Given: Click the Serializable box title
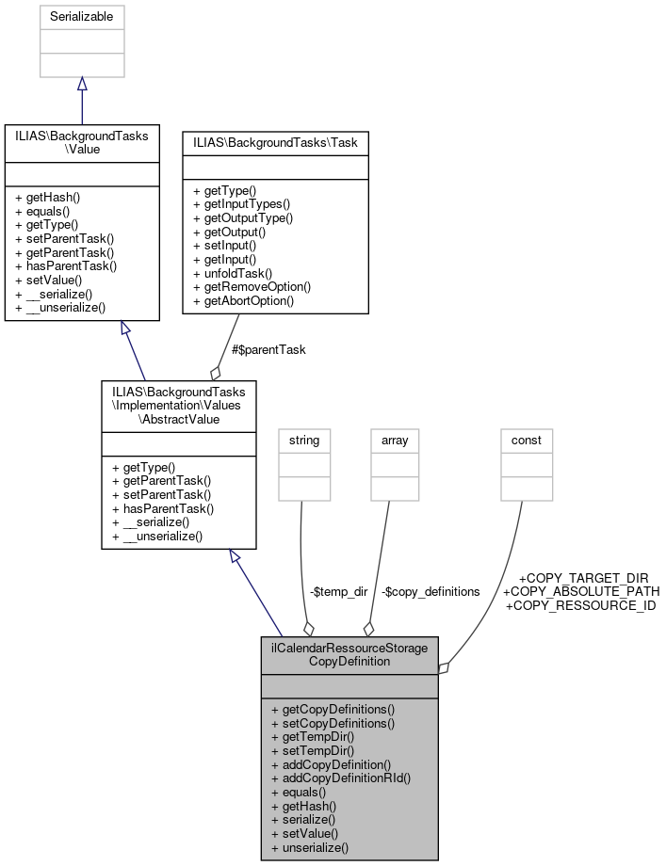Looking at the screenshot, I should [x=81, y=18].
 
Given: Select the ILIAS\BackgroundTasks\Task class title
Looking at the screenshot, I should [x=274, y=142].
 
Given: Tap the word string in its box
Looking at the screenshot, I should [x=304, y=440].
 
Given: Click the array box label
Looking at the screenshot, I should [x=394, y=440].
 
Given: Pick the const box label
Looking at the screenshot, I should [x=526, y=440].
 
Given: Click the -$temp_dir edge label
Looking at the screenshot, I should [x=338, y=591].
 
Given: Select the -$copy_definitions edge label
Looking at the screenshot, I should [x=430, y=591].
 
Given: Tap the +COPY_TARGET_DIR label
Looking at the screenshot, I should [x=583, y=577].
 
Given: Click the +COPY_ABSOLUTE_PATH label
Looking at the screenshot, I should [x=581, y=591].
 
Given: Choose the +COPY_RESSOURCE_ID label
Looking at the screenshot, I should [x=580, y=605].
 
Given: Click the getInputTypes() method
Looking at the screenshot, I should [x=241, y=203].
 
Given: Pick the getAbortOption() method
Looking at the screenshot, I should [x=243, y=301].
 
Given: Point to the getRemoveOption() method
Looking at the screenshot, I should [x=252, y=287].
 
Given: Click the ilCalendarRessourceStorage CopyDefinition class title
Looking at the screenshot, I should [x=349, y=654].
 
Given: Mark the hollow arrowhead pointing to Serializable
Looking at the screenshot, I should [x=81, y=85].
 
